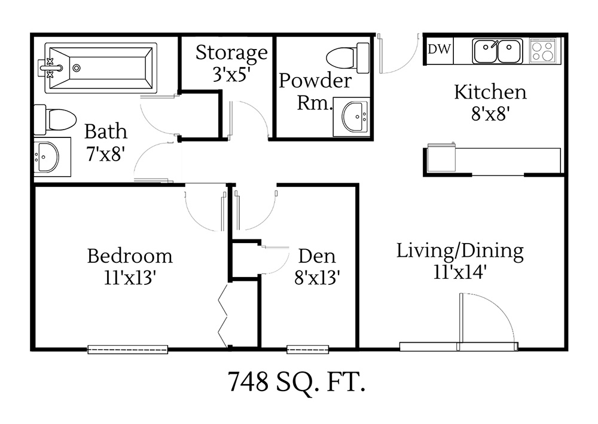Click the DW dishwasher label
(x=440, y=50)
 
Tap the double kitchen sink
(x=497, y=51)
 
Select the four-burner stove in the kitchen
(x=543, y=50)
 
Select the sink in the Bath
(x=46, y=158)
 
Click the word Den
(x=317, y=257)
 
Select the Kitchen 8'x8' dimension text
(x=490, y=114)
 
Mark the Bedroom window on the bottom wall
(x=127, y=349)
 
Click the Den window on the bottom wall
(x=307, y=349)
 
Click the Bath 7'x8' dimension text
(x=105, y=153)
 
